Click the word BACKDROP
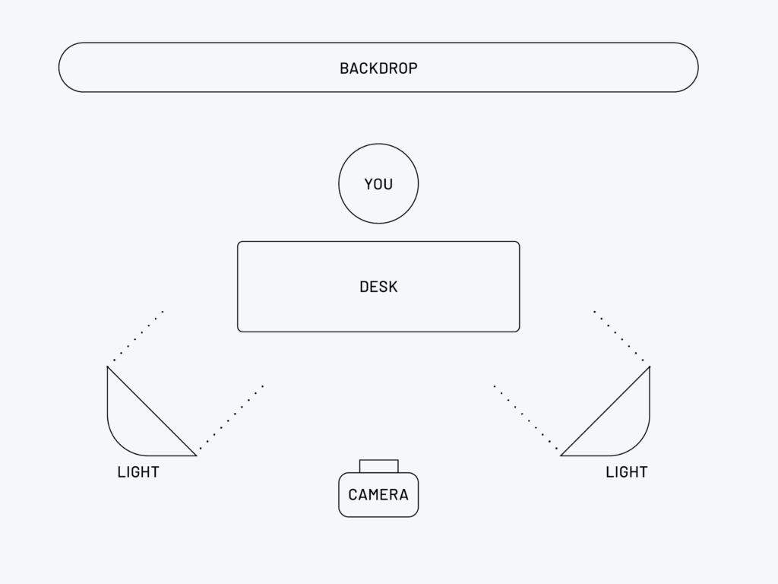[x=378, y=68]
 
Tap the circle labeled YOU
[x=378, y=184]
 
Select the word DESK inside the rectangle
[x=378, y=287]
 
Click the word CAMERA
[x=378, y=495]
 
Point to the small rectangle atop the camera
[x=378, y=466]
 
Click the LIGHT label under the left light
[x=138, y=472]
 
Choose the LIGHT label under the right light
[x=626, y=472]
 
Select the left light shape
[x=137, y=426]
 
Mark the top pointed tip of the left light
[x=108, y=367]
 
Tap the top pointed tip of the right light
[x=649, y=367]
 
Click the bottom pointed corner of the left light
[x=195, y=455]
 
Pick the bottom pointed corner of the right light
[x=562, y=455]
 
